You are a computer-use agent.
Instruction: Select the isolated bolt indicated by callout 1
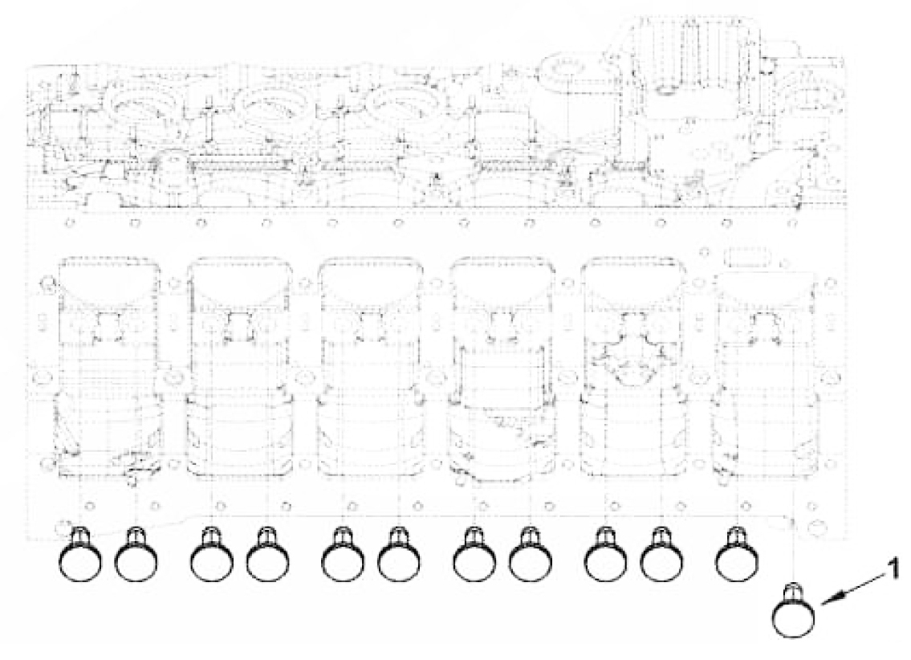tap(794, 609)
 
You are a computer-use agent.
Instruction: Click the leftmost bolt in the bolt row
tap(79, 554)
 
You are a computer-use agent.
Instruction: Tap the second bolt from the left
tap(136, 554)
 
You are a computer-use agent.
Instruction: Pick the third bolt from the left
tap(211, 554)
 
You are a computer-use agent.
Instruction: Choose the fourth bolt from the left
tap(268, 554)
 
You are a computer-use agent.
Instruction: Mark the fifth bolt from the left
tap(343, 554)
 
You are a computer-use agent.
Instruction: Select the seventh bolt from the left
tap(474, 554)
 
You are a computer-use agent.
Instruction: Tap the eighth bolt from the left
tap(531, 554)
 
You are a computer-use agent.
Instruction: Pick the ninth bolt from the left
tap(605, 554)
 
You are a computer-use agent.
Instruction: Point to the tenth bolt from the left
tap(661, 554)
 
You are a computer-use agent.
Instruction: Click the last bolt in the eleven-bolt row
tap(737, 554)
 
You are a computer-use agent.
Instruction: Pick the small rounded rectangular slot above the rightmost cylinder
tap(747, 256)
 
